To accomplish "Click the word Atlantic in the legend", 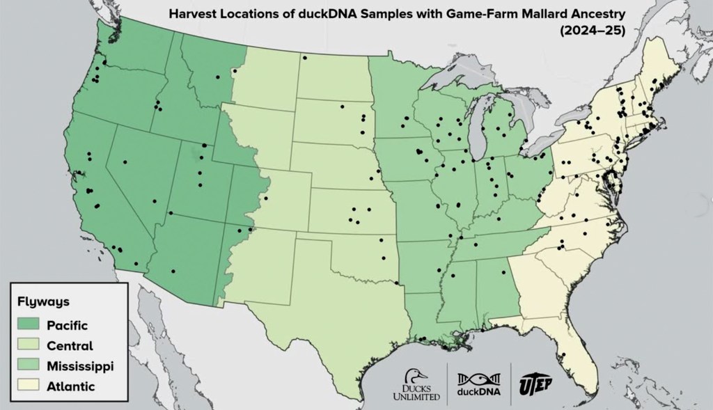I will pos(70,386).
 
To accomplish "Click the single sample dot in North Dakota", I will pos(304,57).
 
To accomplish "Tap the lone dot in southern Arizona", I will pos(173,271).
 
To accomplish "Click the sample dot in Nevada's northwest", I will pos(125,162).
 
